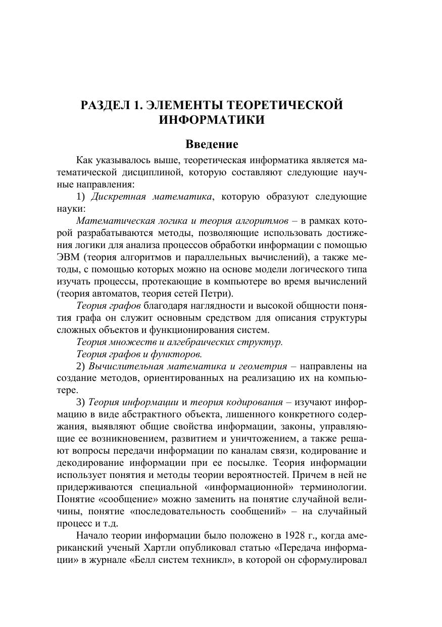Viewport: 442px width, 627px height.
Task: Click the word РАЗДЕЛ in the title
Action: click(105, 105)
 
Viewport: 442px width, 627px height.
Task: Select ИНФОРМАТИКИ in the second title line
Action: click(212, 120)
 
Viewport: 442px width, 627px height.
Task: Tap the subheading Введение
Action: click(212, 144)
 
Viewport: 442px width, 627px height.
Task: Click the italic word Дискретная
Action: click(120, 197)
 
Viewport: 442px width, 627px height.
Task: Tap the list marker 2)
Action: click(80, 366)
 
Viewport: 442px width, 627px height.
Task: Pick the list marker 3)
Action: click(80, 402)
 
